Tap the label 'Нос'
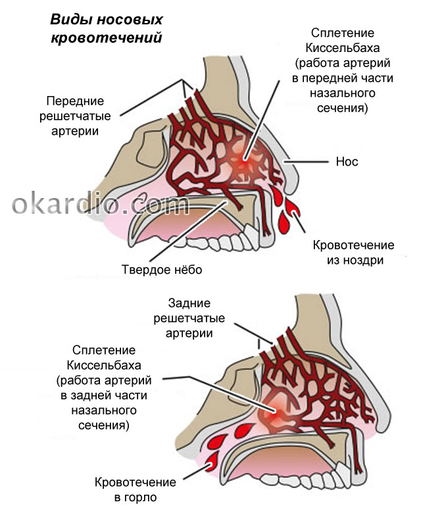click(347, 161)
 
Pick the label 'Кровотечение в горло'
click(136, 489)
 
